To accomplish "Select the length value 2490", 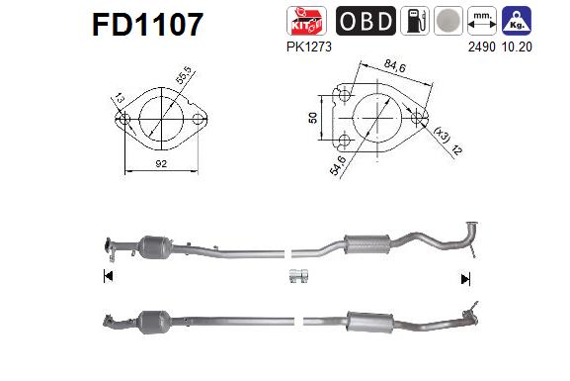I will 480,46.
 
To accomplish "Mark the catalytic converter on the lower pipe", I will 157,323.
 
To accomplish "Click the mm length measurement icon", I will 480,21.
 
